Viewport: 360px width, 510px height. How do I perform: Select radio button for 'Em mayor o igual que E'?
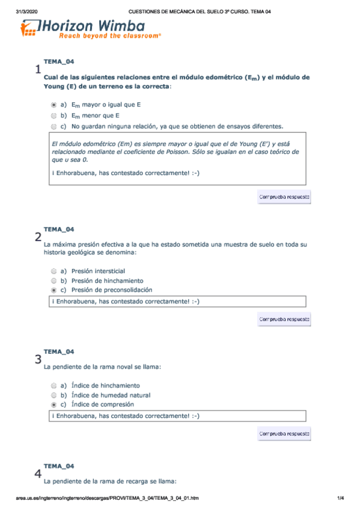[54, 105]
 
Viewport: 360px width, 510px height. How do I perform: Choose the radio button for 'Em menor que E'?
[54, 115]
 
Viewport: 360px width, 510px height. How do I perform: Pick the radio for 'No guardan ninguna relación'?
[54, 126]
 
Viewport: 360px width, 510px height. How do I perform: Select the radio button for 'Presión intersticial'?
[54, 271]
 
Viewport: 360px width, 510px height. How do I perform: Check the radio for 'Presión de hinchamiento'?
[54, 280]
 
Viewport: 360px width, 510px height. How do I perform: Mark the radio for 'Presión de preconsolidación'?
[54, 290]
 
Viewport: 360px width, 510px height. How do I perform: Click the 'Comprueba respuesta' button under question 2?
[284, 319]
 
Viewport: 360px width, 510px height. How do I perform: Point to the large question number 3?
[38, 360]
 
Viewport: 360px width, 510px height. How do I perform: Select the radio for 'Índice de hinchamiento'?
[54, 385]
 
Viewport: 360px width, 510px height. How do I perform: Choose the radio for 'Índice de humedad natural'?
[54, 395]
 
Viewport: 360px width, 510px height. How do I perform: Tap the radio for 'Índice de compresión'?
[54, 405]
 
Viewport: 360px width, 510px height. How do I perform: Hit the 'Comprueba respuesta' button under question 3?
[284, 433]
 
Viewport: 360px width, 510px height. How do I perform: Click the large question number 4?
[38, 474]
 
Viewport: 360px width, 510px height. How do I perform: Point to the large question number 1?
[38, 70]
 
